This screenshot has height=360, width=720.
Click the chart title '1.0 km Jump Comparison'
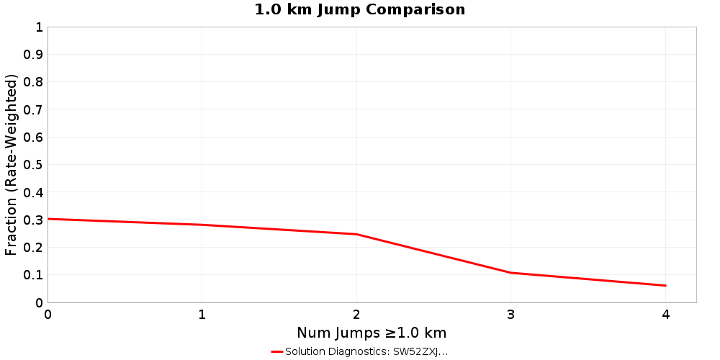[x=360, y=10]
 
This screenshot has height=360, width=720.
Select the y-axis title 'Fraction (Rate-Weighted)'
[x=12, y=165]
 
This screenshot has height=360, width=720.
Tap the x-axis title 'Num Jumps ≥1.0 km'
[x=372, y=333]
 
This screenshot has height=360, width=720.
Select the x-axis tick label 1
[x=202, y=315]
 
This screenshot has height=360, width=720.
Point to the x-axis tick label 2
[x=356, y=315]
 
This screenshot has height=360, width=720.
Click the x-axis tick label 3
[x=511, y=315]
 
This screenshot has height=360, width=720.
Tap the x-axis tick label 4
[x=666, y=315]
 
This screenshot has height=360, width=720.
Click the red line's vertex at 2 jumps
[x=356, y=234]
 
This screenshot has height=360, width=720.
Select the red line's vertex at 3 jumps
[x=511, y=273]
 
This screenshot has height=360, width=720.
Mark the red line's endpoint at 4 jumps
[x=666, y=286]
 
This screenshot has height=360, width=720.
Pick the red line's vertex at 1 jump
[x=202, y=225]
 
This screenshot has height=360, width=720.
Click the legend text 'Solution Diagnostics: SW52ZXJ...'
[x=366, y=352]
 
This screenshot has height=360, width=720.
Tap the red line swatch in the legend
[x=277, y=352]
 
